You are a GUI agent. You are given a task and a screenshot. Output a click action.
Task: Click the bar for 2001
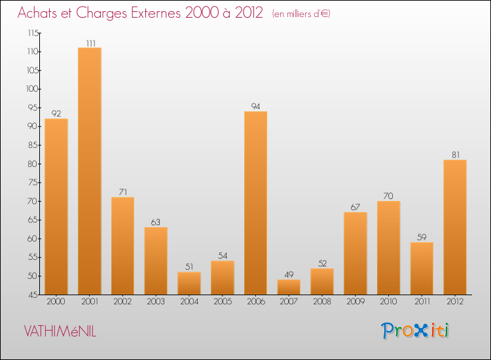pos(89,171)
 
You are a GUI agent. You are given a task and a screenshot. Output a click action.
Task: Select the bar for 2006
pos(255,203)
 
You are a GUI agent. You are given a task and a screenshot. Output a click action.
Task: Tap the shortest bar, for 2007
pos(289,287)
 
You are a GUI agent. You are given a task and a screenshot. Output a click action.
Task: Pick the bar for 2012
pos(455,227)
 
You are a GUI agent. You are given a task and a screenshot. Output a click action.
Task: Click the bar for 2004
pos(189,283)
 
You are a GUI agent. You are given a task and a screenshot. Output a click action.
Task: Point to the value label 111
pos(90,43)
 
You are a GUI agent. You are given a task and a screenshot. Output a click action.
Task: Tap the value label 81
pos(455,155)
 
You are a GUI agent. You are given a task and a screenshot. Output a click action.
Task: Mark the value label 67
pos(355,207)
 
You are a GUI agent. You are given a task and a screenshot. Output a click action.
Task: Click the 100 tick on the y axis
pos(33,89)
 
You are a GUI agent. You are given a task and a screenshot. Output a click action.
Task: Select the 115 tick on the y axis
pos(33,33)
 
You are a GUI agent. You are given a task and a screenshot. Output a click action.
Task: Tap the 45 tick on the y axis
pos(33,295)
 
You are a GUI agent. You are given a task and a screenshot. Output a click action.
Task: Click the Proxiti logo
pos(416,331)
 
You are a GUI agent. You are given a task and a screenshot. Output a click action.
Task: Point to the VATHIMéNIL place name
pos(60,332)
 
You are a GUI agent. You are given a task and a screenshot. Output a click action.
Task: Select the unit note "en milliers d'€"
pos(302,14)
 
